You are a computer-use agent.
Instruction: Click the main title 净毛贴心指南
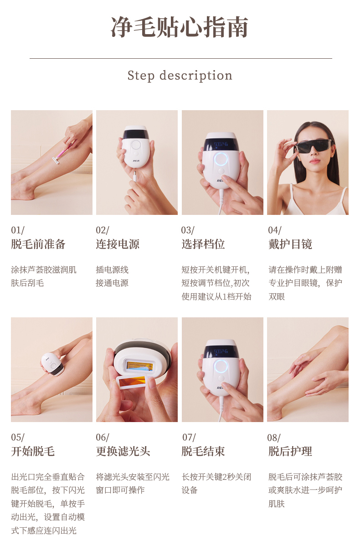(x=180, y=27)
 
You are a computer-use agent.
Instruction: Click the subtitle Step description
(x=180, y=76)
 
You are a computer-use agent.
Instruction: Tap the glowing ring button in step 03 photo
(x=221, y=159)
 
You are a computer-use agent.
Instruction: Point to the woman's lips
(x=314, y=161)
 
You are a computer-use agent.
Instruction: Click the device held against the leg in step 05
(x=52, y=364)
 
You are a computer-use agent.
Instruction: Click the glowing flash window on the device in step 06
(x=140, y=366)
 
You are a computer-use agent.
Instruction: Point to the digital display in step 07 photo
(x=221, y=351)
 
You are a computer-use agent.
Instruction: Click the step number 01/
(x=18, y=230)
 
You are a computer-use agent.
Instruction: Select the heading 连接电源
(x=118, y=244)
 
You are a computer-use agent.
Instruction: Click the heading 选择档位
(x=203, y=244)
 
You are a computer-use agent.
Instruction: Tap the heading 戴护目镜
(x=290, y=244)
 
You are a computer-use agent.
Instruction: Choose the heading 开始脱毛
(x=33, y=451)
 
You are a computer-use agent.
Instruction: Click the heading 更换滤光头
(x=123, y=451)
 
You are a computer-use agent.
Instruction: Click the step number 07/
(x=189, y=437)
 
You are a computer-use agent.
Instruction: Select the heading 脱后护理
(x=290, y=451)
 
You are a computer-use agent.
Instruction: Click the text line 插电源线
(x=112, y=270)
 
